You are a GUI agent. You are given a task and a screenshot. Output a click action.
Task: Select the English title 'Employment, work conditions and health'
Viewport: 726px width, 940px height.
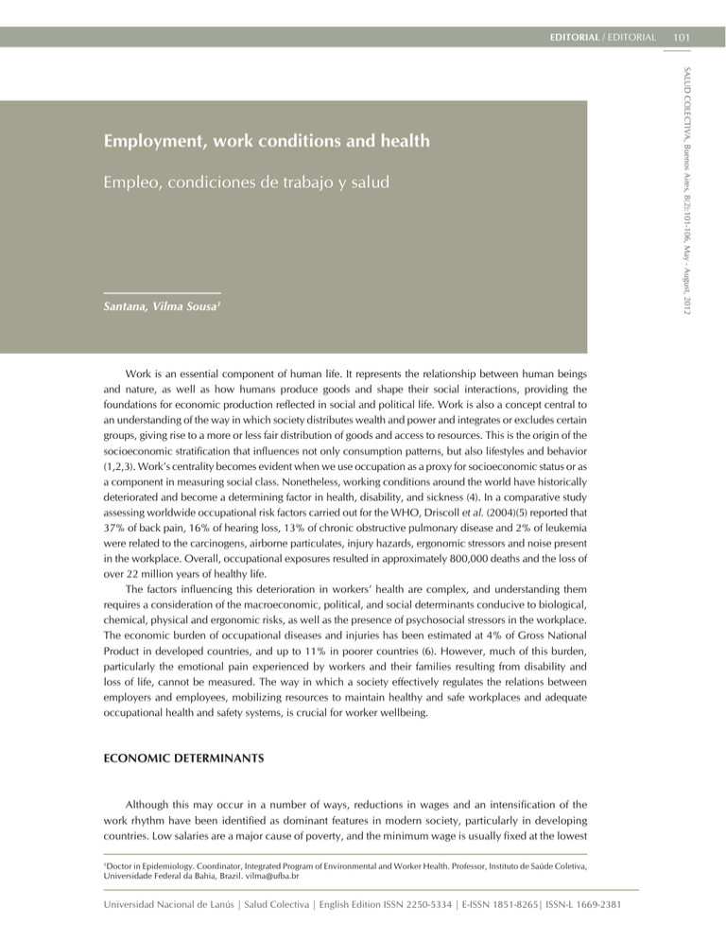click(268, 142)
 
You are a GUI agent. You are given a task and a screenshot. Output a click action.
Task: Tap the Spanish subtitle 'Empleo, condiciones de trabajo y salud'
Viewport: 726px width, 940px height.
click(247, 183)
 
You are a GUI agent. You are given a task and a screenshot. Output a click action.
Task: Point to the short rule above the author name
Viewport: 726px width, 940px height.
click(162, 292)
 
